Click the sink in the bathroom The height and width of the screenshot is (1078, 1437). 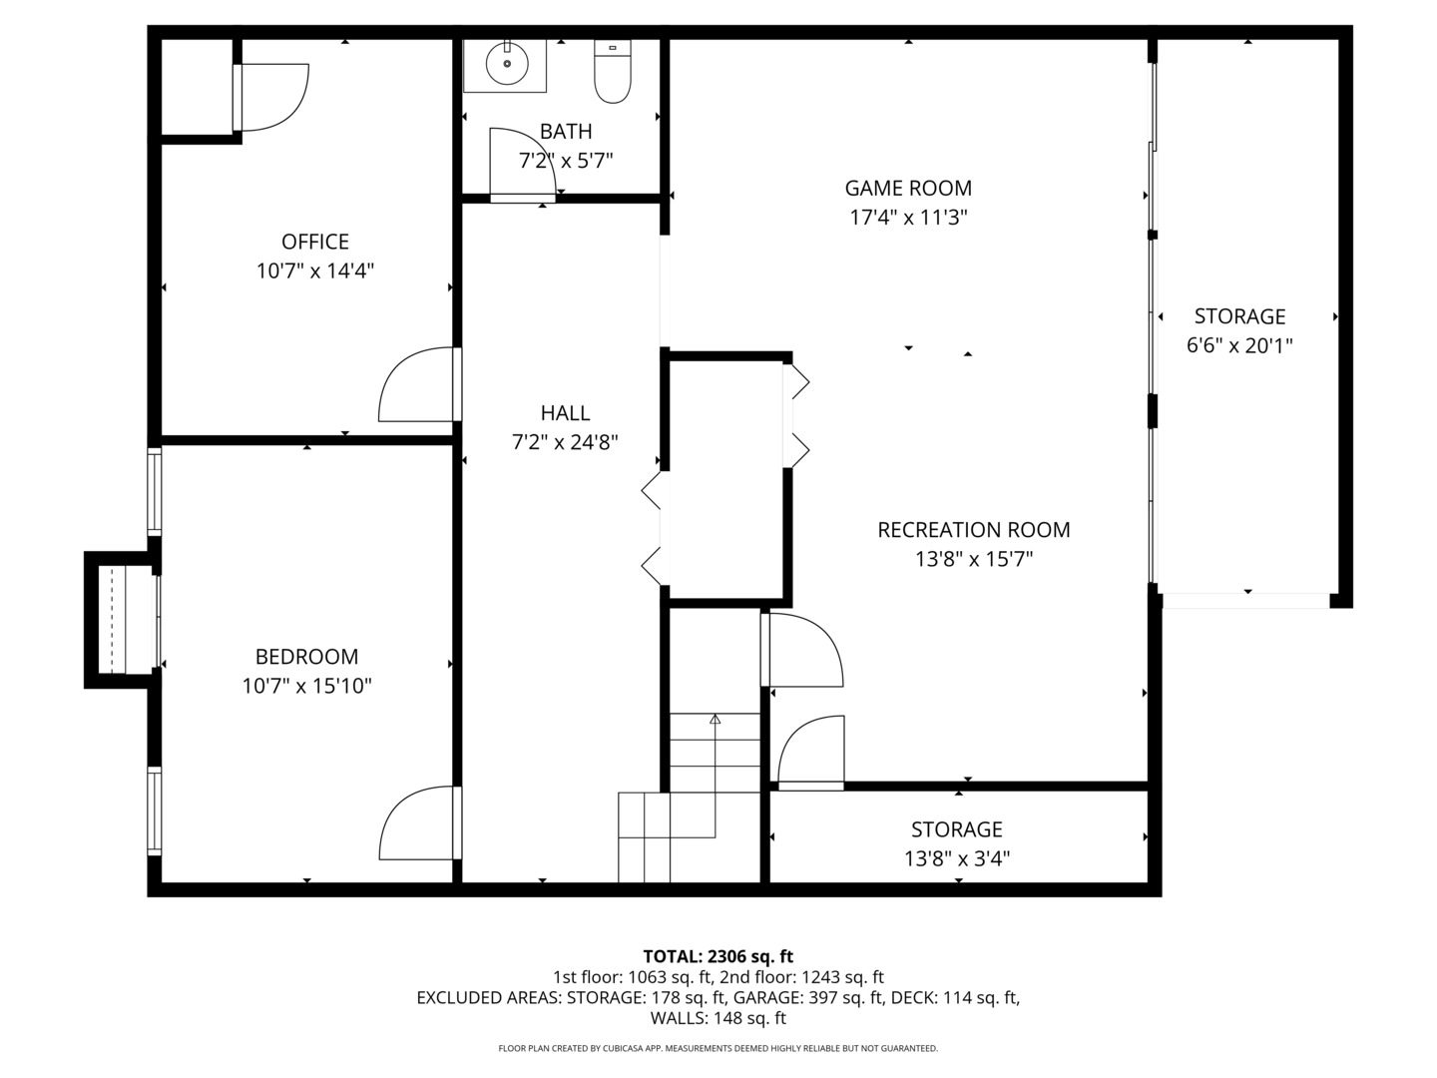coord(506,65)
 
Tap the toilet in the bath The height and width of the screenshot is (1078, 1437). coord(613,72)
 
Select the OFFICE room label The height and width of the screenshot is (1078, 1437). coord(315,242)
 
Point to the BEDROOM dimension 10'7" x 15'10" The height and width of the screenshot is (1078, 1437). coord(306,686)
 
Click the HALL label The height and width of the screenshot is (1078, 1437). coord(565,413)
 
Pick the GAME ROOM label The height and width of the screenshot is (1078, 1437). coord(908,188)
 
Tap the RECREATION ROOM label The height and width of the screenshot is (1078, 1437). coord(973,530)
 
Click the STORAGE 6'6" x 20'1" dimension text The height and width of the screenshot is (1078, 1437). coord(1239,345)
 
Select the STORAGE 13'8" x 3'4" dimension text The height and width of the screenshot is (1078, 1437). coord(956,858)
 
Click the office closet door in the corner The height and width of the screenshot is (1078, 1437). coord(272,97)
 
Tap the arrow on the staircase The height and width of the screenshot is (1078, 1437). coord(715,719)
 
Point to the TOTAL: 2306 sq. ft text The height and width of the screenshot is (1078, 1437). coord(718,956)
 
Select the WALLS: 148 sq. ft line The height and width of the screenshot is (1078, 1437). coord(718,1018)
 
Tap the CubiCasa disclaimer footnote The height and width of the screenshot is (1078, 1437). coord(718,1048)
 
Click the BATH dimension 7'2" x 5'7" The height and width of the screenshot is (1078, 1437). coord(565,160)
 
